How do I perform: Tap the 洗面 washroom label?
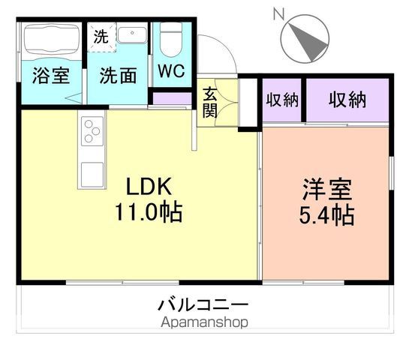118,76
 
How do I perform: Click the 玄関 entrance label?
210,104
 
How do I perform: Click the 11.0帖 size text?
148,211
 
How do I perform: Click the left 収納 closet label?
281,100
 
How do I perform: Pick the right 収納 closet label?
347,100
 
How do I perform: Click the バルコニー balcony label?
202,305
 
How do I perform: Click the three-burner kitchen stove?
92,131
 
